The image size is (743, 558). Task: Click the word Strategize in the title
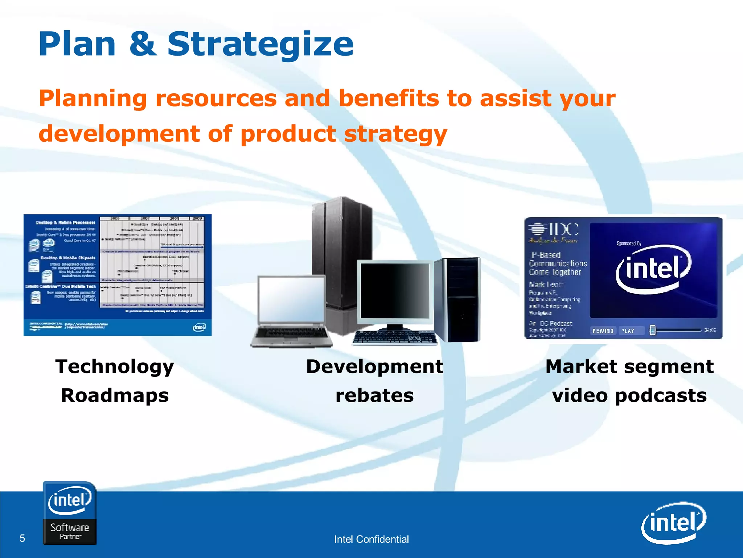coord(260,44)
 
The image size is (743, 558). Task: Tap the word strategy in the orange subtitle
coord(395,134)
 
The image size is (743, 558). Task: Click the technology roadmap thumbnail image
coord(118,275)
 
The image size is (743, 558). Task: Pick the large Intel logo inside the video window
coord(653,269)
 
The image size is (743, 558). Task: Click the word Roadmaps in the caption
coord(115,395)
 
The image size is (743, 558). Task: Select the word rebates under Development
coord(374,395)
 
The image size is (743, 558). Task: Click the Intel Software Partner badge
coord(70,513)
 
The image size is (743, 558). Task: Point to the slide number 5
coord(22,538)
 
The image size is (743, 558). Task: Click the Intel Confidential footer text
coord(371,539)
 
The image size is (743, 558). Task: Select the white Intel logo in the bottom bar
coord(673,523)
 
